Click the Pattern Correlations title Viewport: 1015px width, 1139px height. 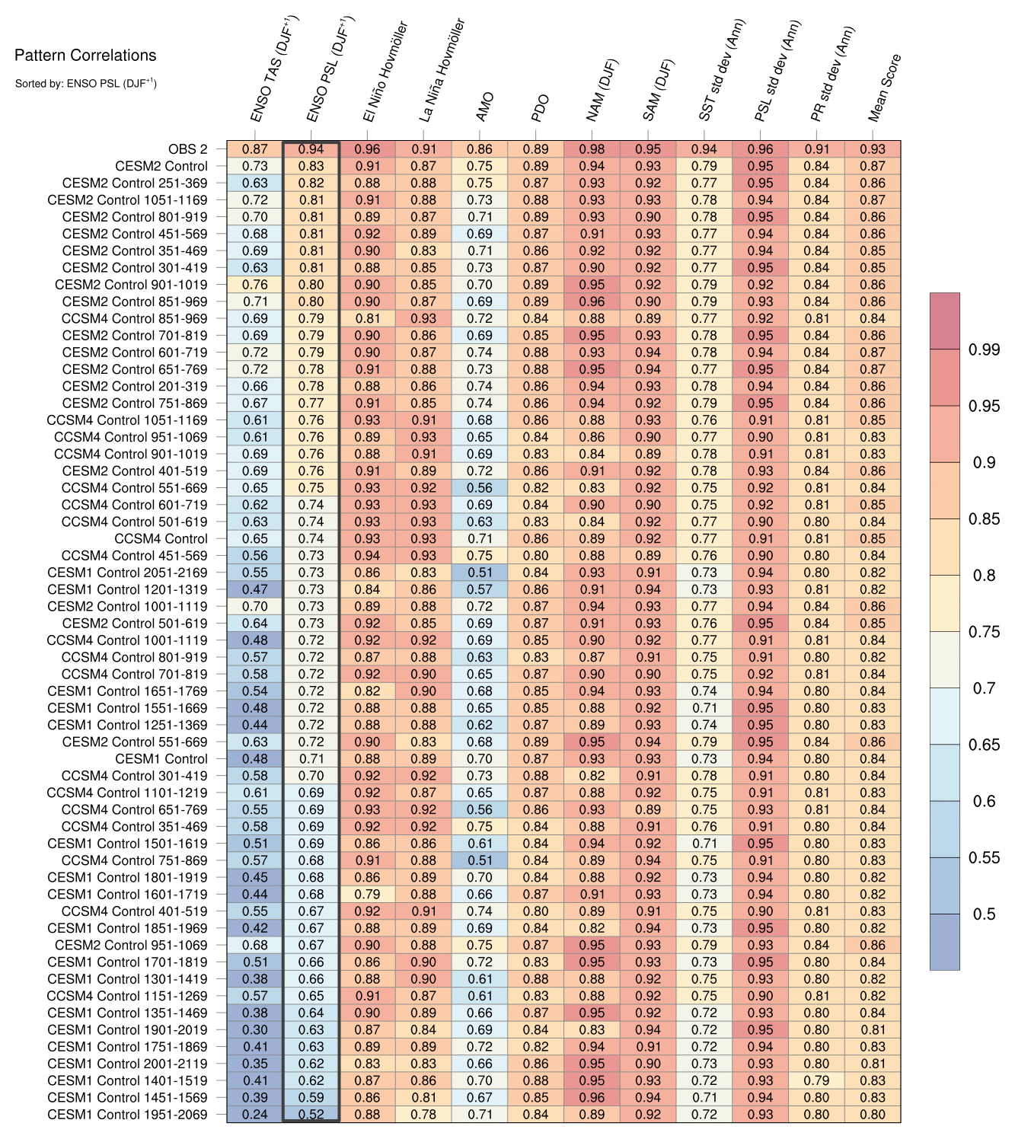tap(85, 55)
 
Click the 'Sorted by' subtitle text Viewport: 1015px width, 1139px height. tap(85, 83)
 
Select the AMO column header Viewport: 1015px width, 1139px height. tap(485, 107)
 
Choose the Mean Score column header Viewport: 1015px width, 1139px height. tap(885, 88)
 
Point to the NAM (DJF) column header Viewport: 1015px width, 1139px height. tap(603, 90)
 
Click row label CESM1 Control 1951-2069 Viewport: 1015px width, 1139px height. tap(127, 1115)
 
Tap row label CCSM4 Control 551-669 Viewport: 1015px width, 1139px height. tap(134, 488)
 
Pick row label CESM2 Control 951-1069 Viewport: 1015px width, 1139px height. tap(131, 945)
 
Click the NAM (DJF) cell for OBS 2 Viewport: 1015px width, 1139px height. tap(592, 149)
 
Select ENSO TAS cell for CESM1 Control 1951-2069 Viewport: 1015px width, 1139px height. tap(254, 1115)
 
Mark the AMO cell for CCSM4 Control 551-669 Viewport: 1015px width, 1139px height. tap(480, 488)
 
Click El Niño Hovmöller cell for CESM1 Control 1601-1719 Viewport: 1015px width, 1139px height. tap(368, 895)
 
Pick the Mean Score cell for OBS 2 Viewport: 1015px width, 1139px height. tap(873, 149)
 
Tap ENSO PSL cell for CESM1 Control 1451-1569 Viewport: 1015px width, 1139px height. tap(311, 1097)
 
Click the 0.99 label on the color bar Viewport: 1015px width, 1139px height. tap(984, 349)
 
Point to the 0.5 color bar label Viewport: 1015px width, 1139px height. tap(984, 914)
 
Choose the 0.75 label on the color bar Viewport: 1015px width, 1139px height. tap(984, 632)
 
